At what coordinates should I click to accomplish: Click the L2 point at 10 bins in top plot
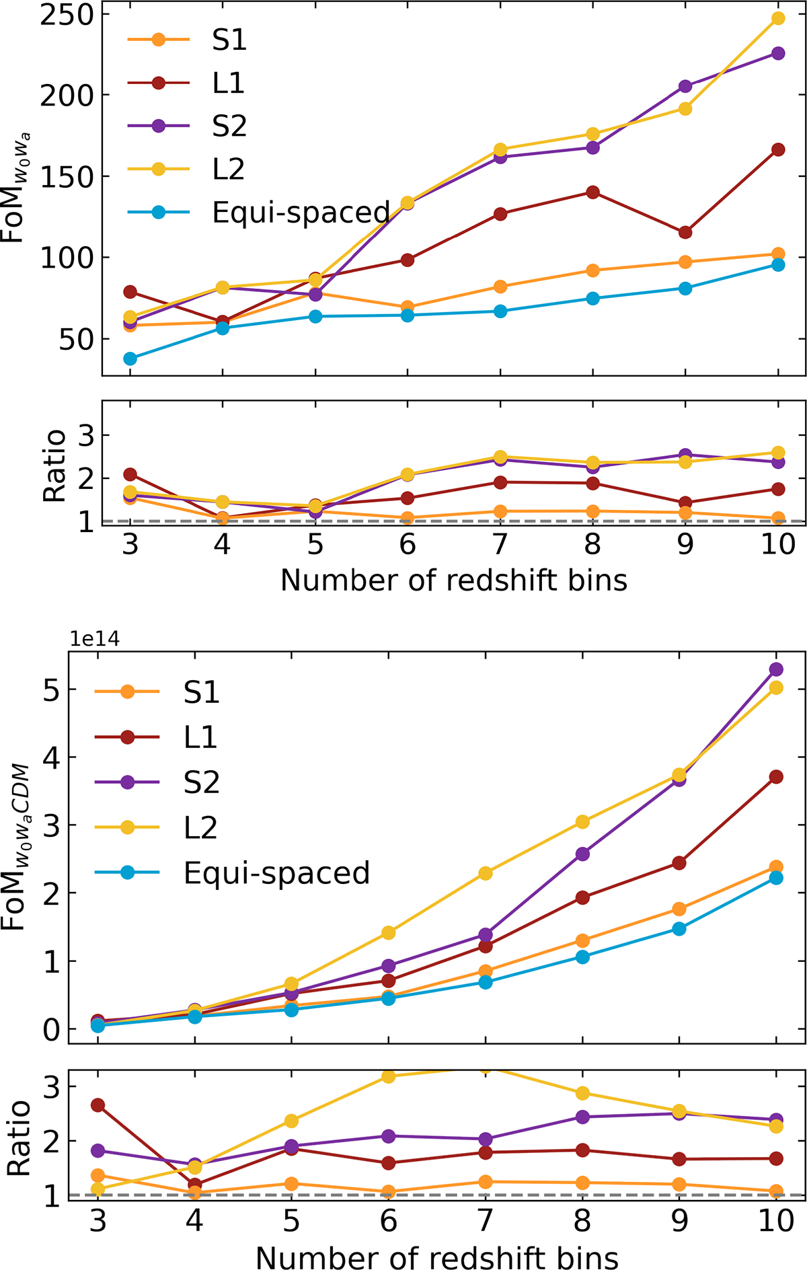[x=778, y=18]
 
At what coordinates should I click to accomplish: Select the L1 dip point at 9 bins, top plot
[x=685, y=233]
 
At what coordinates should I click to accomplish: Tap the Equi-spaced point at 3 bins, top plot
[x=130, y=359]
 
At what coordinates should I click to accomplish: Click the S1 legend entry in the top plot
[x=229, y=40]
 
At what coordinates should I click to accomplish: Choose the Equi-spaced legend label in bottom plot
[x=276, y=872]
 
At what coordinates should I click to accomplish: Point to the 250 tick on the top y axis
[x=65, y=15]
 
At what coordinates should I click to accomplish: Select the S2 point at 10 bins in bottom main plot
[x=776, y=669]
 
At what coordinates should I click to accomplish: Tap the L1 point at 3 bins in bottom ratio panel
[x=98, y=1105]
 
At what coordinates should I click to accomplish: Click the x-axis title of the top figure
[x=453, y=580]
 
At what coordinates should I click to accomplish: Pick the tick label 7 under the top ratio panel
[x=500, y=544]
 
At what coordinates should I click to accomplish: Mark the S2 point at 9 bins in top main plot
[x=685, y=86]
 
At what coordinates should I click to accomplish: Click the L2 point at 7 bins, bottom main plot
[x=486, y=873]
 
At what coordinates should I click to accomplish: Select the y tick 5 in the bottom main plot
[x=51, y=691]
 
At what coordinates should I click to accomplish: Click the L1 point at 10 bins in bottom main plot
[x=776, y=777]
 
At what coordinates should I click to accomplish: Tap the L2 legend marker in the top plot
[x=159, y=169]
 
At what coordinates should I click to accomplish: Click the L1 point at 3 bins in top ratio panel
[x=130, y=475]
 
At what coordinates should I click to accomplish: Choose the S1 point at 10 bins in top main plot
[x=778, y=254]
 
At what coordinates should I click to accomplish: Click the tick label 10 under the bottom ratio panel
[x=776, y=1220]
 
